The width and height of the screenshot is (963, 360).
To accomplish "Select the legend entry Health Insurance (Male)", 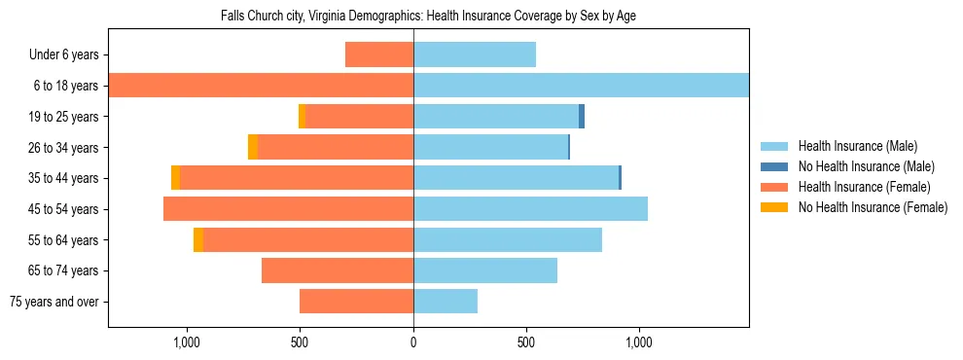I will click(857, 146).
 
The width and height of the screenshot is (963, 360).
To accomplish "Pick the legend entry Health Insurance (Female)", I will click(864, 187).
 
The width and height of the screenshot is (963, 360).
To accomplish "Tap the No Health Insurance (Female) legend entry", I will click(873, 207).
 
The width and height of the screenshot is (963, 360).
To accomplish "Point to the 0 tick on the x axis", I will click(413, 342).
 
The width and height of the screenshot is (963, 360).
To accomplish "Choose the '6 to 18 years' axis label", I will click(64, 86).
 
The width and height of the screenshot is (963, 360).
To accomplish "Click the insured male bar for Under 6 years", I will click(475, 54).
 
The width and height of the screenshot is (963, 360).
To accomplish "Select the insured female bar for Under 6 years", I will click(379, 54).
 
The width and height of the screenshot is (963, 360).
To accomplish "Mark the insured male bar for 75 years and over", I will click(446, 302).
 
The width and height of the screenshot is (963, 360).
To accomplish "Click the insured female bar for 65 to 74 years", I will click(338, 270).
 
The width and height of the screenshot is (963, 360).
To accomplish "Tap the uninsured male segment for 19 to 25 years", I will click(582, 117).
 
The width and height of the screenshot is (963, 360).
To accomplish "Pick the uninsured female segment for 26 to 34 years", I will click(253, 147).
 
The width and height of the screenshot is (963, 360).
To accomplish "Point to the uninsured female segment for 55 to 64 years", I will click(198, 239).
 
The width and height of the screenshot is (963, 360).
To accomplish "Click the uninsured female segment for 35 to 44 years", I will click(176, 178).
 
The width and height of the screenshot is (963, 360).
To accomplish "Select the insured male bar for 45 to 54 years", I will click(530, 209).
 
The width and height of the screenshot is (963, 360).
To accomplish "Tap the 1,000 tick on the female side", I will click(186, 342).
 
